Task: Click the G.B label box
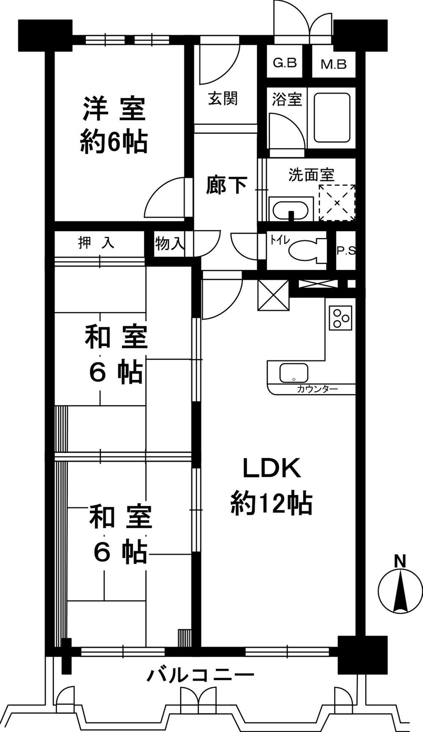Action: [x=285, y=63]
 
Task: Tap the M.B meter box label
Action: [x=333, y=64]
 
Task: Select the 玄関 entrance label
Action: [x=222, y=98]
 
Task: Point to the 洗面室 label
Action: [x=311, y=175]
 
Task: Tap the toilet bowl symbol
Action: [x=305, y=251]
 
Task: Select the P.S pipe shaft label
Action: [x=346, y=251]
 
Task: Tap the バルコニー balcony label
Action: [x=201, y=675]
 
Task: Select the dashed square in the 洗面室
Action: [x=337, y=202]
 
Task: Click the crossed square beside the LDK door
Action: [x=273, y=295]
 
